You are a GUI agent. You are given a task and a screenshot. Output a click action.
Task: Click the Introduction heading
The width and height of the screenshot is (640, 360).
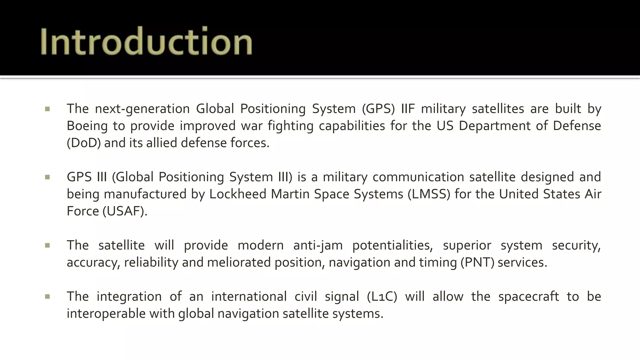[x=146, y=41]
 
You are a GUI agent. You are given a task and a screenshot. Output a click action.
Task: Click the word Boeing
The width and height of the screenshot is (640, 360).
[x=87, y=126]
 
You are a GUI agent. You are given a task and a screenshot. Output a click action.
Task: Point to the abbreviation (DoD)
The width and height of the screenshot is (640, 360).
[x=84, y=143]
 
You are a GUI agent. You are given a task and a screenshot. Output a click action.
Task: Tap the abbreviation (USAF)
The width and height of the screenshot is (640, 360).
[x=125, y=211]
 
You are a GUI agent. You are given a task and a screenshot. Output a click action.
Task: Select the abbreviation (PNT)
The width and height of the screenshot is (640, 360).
[x=477, y=262]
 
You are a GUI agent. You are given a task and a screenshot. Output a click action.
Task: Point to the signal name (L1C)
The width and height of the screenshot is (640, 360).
[x=382, y=297]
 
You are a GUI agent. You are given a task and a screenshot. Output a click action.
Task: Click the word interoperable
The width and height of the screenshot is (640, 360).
[x=106, y=314]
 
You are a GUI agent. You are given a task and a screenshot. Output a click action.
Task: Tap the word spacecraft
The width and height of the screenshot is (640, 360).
[x=528, y=297]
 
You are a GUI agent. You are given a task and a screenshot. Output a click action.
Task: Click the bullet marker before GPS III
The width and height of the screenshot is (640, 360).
[x=47, y=177]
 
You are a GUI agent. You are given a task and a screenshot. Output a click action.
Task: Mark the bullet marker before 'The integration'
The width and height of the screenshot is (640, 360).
[x=47, y=297]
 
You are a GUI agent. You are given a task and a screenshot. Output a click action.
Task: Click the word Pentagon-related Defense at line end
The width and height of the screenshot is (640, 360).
[x=577, y=126]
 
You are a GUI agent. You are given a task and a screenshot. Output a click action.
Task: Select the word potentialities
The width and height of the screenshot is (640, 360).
[x=392, y=245]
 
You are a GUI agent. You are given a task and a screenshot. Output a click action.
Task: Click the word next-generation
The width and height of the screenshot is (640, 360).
[x=142, y=109]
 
